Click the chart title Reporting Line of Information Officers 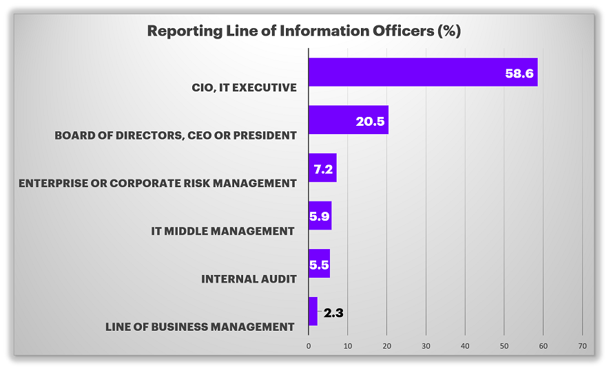click(304, 31)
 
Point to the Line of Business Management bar click(313, 311)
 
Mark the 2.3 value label click(333, 313)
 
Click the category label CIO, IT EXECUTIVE click(245, 87)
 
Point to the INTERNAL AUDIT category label click(249, 278)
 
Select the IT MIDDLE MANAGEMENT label click(222, 231)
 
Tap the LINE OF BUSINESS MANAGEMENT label click(200, 327)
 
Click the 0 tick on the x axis click(309, 345)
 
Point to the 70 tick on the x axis click(582, 345)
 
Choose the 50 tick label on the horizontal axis click(504, 345)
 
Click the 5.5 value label click(318, 265)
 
